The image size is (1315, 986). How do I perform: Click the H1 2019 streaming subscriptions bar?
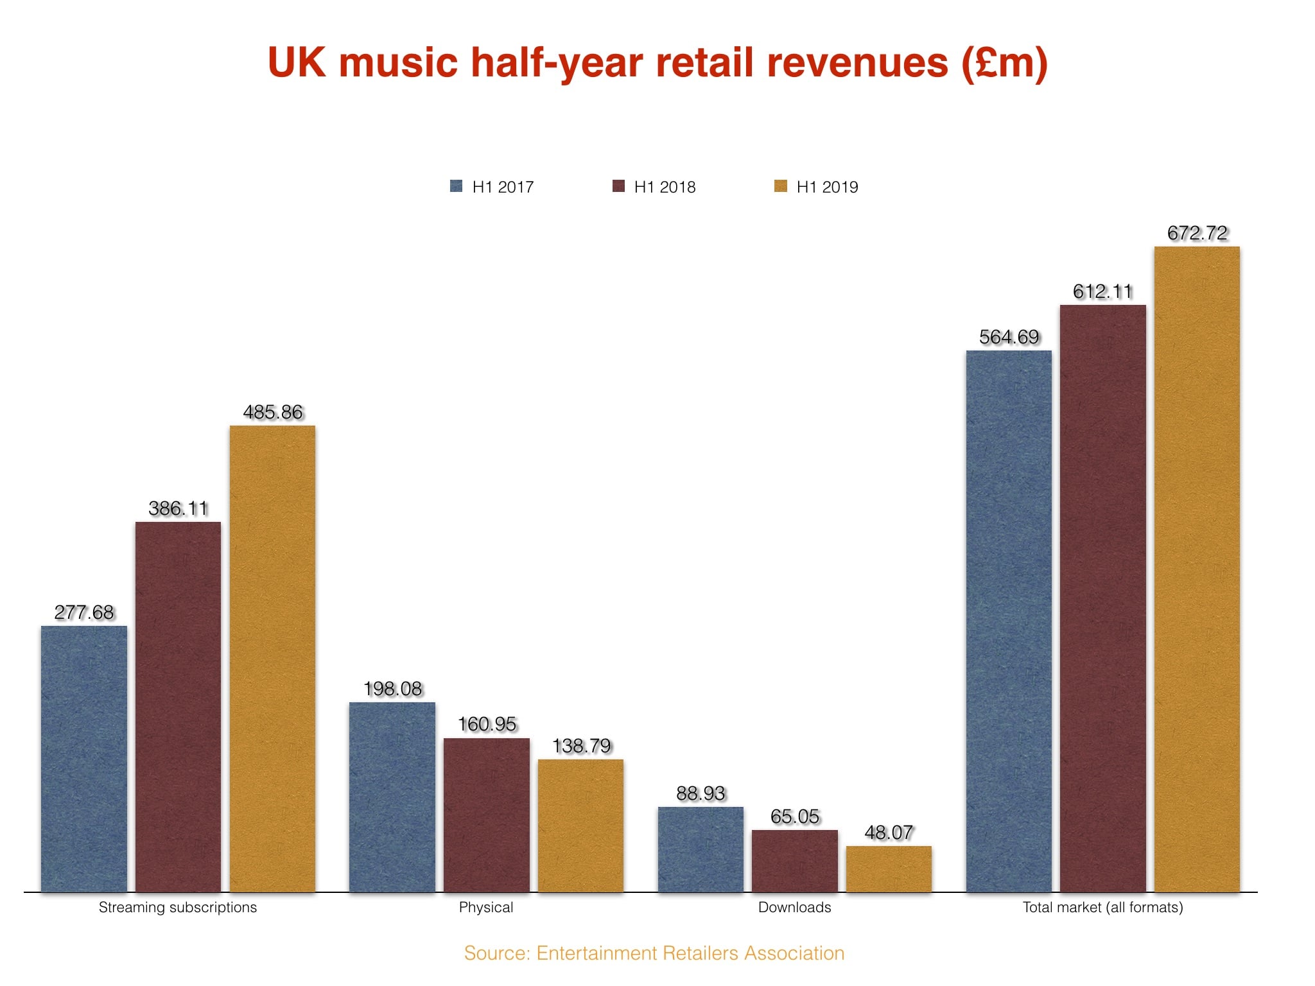tap(272, 658)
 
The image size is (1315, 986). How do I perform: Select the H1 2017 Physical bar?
tap(392, 797)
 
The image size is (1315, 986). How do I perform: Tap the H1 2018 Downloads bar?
tap(794, 860)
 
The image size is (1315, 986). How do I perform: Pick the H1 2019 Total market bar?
tap(1197, 569)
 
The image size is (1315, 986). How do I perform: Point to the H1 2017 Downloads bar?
tap(701, 849)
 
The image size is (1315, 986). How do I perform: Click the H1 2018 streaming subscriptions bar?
tap(178, 706)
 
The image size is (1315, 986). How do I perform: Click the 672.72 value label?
tap(1197, 233)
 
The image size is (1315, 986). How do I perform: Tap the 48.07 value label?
tap(889, 833)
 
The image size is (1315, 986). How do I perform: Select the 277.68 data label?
tap(84, 612)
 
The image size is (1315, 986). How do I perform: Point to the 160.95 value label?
tap(487, 724)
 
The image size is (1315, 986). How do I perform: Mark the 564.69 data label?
tap(1009, 337)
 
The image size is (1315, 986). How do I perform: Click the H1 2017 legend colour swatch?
tap(457, 186)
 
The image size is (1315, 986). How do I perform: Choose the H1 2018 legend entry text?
tap(665, 187)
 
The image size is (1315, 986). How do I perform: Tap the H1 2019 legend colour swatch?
tap(781, 186)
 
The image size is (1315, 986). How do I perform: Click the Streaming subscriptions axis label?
tap(178, 907)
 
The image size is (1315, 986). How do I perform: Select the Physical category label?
tap(486, 907)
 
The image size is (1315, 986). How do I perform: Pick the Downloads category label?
tap(794, 907)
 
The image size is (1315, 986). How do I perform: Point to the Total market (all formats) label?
tap(1102, 907)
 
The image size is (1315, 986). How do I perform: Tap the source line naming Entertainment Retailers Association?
tap(654, 953)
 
